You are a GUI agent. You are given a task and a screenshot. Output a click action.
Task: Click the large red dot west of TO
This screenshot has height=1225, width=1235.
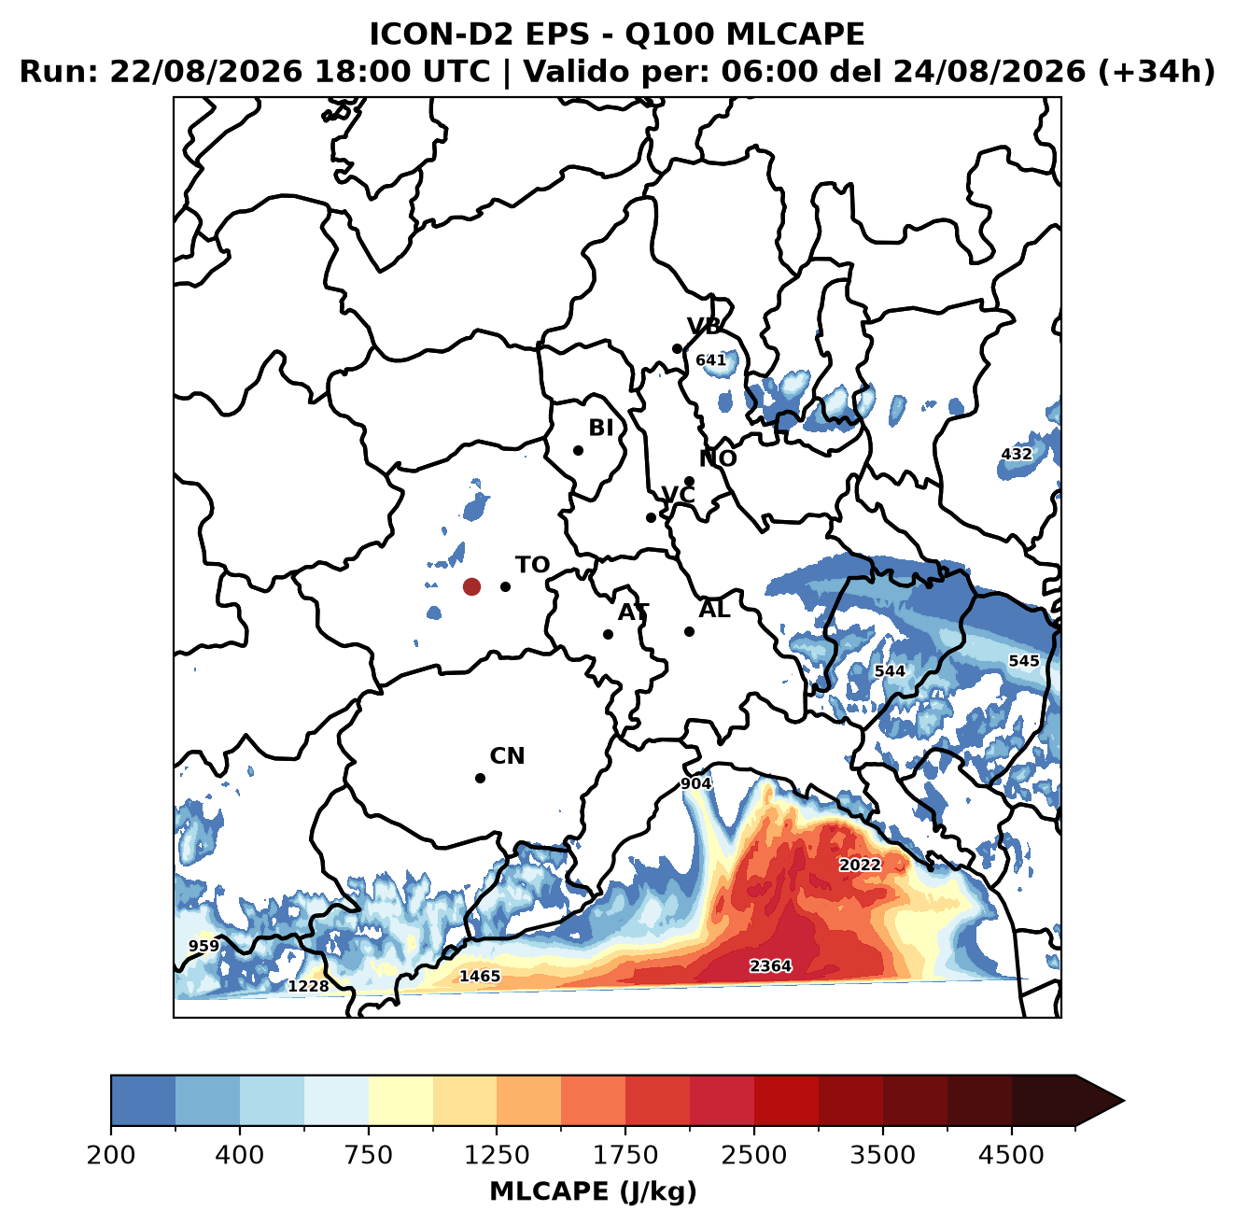pos(471,586)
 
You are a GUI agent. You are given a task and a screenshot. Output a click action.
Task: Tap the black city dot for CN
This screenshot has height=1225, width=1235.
pos(480,778)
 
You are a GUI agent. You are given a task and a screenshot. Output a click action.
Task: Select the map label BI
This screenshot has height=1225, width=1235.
pos(600,428)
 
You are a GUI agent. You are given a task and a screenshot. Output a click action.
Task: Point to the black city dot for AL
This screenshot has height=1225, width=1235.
pos(689,631)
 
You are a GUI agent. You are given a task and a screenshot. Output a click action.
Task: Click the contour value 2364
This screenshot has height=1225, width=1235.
pos(770,965)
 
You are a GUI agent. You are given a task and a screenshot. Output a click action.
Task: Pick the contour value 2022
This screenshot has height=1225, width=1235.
pos(860,865)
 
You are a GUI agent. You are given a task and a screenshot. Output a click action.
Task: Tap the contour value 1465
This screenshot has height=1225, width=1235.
pos(480,976)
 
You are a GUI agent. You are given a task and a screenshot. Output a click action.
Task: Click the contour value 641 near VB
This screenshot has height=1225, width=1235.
pos(710,360)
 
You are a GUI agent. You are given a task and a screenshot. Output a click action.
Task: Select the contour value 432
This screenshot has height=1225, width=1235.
pos(1017,454)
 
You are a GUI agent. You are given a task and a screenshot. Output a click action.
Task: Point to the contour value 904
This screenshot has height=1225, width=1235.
pos(695,783)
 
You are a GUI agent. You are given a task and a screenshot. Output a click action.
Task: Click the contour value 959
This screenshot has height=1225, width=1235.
pos(203,946)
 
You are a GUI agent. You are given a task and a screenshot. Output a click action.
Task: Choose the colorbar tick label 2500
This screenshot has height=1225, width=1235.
pos(753,1154)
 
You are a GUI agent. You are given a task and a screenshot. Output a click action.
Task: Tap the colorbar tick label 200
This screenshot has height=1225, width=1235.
pos(111,1154)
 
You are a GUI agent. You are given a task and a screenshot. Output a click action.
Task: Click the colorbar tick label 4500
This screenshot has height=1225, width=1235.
pos(1011,1154)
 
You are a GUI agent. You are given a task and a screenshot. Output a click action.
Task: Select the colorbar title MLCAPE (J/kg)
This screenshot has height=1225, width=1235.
pos(593,1191)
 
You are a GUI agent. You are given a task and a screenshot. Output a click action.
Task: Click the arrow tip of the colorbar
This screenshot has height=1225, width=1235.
pos(1124,1101)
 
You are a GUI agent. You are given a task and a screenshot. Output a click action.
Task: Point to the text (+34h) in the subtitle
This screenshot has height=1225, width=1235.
pos(1157,72)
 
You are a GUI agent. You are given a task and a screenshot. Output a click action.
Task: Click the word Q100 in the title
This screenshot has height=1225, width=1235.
pos(668,34)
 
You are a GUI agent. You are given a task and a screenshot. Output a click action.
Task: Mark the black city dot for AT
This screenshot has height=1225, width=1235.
pos(608,634)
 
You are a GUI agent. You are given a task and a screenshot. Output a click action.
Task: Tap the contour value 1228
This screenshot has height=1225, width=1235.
pos(308,986)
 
